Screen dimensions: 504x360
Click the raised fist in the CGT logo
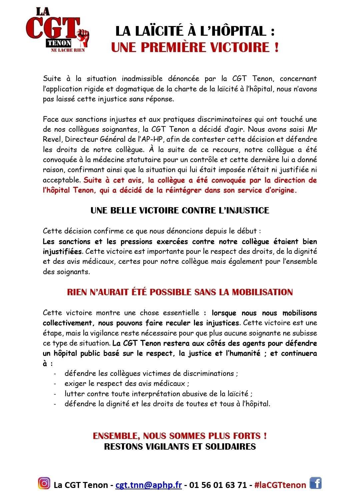83,37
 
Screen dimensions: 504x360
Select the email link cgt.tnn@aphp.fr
148,485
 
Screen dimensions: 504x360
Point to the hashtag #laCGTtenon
280,485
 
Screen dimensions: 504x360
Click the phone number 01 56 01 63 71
218,485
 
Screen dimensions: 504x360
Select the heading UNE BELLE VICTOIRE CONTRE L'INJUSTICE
180,210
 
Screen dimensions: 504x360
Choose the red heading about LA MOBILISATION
180,292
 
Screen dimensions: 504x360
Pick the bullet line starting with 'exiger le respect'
127,384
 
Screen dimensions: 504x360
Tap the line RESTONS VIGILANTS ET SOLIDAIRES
180,446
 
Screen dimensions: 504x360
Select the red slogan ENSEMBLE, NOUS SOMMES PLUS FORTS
180,436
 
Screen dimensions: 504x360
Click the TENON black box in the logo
59,43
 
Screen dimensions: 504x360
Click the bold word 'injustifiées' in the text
62,251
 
